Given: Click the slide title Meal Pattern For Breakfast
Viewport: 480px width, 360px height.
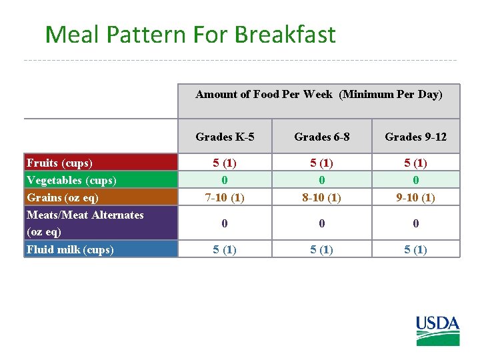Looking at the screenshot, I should point(190,35).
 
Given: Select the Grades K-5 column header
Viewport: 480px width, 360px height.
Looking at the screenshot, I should point(225,137).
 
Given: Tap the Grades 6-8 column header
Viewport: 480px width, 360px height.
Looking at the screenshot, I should point(321,137).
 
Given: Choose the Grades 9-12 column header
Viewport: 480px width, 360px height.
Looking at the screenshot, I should point(415,137).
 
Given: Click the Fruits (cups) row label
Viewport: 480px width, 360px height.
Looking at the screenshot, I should point(59,163).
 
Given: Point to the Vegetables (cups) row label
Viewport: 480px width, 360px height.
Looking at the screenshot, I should point(71,180).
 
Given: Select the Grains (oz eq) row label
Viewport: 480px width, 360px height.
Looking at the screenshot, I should point(63,197).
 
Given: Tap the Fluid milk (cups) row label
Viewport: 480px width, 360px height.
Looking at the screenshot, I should point(70,249).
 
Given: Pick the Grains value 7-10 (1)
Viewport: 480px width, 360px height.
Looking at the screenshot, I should point(225,197).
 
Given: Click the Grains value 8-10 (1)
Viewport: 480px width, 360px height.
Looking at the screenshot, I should point(321,197).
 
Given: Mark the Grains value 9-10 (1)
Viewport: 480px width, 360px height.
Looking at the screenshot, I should point(415,197).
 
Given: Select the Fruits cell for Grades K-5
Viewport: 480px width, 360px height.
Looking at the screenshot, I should point(225,163).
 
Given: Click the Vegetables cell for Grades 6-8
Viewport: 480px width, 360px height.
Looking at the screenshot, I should point(321,180).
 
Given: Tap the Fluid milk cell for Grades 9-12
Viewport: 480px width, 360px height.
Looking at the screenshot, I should point(415,249).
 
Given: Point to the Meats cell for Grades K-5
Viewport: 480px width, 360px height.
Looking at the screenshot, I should point(225,223).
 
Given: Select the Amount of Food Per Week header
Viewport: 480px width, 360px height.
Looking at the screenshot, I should point(319,94).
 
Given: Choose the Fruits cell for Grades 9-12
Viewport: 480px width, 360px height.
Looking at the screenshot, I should point(415,163).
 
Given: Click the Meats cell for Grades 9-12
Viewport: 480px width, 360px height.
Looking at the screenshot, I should point(415,223).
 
